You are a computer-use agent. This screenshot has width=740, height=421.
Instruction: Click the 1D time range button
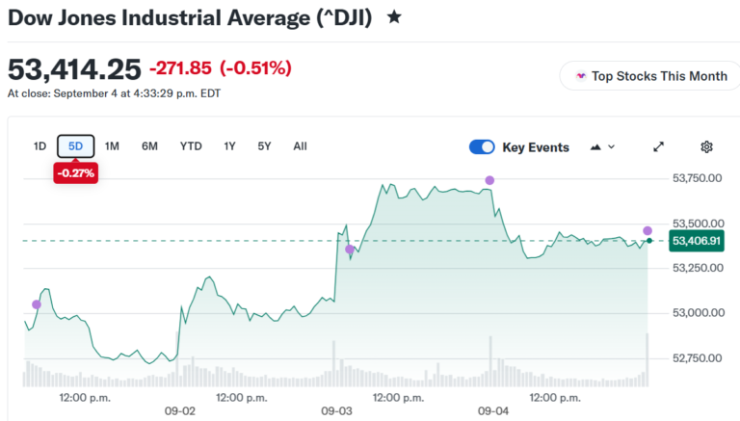[x=40, y=146]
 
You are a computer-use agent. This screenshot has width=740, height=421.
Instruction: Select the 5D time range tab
[x=75, y=146]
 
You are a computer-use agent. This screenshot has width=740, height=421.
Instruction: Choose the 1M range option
[x=112, y=146]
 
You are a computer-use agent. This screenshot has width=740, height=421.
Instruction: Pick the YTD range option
[x=191, y=146]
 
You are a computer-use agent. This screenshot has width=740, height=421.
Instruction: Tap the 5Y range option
[x=264, y=146]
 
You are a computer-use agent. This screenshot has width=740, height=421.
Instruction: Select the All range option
[x=301, y=146]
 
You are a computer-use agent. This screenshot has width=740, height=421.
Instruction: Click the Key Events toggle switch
[x=482, y=147]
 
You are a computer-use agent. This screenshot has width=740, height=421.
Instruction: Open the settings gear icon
[x=706, y=147]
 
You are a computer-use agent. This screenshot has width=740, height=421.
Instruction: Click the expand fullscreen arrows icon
[x=658, y=147]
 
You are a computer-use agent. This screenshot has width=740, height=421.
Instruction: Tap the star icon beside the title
[x=394, y=17]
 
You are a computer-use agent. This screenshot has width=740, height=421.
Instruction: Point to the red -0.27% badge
[x=75, y=173]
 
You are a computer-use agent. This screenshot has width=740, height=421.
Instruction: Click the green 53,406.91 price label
[x=696, y=241]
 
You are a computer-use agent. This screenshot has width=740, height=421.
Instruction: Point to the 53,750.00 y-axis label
[x=697, y=178]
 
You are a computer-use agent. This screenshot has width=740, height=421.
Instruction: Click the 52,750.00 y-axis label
[x=697, y=358]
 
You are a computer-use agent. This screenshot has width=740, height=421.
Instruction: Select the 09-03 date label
[x=336, y=411]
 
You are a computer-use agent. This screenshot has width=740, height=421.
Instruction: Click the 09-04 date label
[x=493, y=411]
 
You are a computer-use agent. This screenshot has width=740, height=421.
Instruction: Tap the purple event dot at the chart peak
[x=489, y=180]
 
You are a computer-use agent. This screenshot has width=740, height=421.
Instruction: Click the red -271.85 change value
[x=181, y=68]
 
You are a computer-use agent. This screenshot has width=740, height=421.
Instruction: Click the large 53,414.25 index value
[x=74, y=69]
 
